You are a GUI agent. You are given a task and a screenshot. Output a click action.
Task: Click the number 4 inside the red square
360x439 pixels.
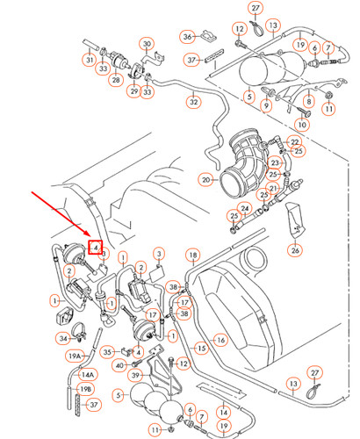point(96,248)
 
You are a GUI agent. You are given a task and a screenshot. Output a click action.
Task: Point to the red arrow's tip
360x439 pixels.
point(91,236)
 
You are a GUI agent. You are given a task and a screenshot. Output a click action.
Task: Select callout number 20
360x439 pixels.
point(206,180)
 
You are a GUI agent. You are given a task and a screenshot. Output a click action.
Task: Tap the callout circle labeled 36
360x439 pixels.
point(187,37)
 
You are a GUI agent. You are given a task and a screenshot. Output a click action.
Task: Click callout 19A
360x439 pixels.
point(75,356)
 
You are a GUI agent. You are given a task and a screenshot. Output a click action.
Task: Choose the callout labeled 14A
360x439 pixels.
point(88,375)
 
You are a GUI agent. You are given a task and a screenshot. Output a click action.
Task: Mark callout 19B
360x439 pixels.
point(85,390)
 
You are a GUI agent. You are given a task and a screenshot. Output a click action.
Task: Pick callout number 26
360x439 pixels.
point(295,250)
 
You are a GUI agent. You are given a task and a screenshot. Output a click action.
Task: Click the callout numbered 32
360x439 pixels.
point(194,102)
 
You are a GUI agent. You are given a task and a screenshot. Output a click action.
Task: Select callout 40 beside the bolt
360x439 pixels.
point(120,365)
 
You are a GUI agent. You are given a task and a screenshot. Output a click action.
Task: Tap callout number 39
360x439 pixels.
point(135,375)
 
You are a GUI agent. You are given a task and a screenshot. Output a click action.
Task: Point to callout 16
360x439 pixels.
point(220,340)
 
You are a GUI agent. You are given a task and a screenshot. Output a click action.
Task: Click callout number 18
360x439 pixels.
point(193,255)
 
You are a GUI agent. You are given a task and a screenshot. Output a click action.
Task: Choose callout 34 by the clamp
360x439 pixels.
point(63,339)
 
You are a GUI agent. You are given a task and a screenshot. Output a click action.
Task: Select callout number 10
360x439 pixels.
point(302,125)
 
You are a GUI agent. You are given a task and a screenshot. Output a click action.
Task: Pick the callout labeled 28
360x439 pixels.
point(116,80)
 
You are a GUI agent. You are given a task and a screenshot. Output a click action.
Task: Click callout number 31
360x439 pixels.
point(90,60)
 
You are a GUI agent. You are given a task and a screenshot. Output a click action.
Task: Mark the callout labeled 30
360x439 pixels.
point(147,44)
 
